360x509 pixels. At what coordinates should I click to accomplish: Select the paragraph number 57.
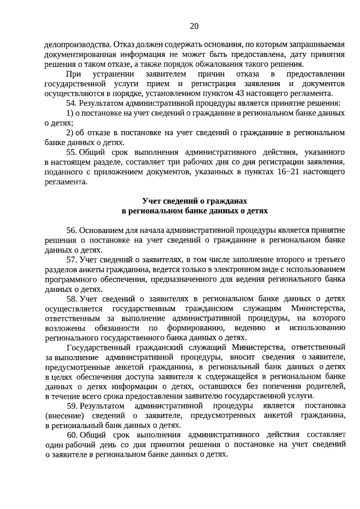[x=71, y=259]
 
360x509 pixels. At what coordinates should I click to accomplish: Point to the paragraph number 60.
[x=71, y=435]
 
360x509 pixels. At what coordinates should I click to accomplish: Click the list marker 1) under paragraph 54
[x=70, y=113]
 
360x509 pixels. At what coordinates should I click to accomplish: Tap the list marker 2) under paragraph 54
[x=70, y=133]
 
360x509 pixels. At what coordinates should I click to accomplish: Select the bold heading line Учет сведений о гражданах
[x=195, y=201]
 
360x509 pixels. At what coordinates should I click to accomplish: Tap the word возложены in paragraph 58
[x=64, y=328]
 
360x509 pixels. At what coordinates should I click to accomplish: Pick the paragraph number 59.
[x=71, y=406]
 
